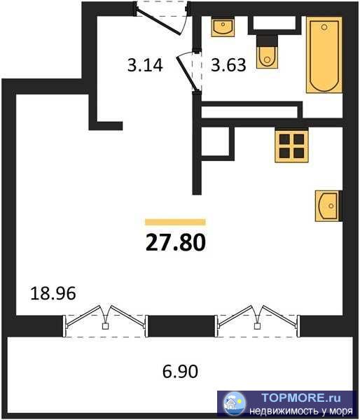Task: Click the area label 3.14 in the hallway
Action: tap(145, 65)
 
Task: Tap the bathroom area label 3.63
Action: tap(228, 65)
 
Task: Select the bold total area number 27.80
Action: tap(176, 242)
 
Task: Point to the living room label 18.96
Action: tap(53, 293)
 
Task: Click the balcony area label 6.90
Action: tap(180, 372)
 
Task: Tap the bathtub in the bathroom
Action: tap(324, 55)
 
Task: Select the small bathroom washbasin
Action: tap(223, 27)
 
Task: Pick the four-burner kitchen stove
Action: tap(291, 146)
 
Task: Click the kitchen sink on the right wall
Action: tap(328, 206)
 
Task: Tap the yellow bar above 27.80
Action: tap(175, 222)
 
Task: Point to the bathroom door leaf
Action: tap(187, 73)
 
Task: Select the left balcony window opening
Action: tap(105, 323)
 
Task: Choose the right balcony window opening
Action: tap(257, 323)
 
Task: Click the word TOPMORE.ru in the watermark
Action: tap(301, 398)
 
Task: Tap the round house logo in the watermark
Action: tap(235, 404)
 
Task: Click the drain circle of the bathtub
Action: tap(324, 27)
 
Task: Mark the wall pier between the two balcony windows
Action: tap(181, 326)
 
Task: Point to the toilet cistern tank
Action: tap(267, 40)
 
